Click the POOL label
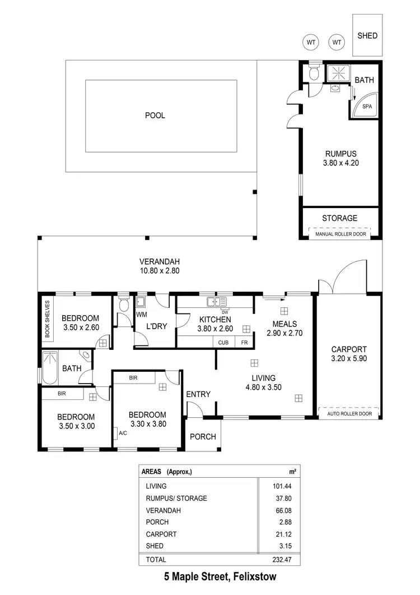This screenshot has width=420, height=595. coord(155,116)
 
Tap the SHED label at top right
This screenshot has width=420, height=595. coord(367,36)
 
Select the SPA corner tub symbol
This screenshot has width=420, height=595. coord(367,107)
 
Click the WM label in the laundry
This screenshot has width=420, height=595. coord(141,315)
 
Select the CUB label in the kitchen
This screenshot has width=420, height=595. coord(223,343)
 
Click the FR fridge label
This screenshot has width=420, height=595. coord(244,343)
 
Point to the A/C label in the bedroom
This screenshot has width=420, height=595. coord(122,433)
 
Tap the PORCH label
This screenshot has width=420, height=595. coord(203,436)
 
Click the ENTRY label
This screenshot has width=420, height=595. coord(198,394)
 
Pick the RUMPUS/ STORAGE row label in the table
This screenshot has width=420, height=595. coord(176,498)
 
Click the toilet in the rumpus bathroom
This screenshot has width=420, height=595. coord(314,73)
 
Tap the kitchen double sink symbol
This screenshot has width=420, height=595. coord(215,302)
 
